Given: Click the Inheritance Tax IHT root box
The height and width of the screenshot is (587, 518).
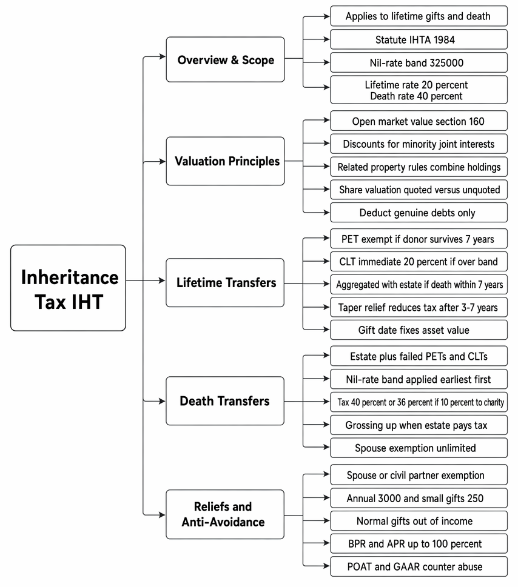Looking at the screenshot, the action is pos(68,288).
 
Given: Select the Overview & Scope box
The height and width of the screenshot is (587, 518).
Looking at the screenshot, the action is pos(225,59).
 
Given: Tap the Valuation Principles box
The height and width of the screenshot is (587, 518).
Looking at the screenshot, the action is pos(225,161).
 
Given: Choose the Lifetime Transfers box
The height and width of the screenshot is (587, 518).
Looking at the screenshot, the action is pos(225,283).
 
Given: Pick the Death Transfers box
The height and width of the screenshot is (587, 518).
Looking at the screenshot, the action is pos(225,401).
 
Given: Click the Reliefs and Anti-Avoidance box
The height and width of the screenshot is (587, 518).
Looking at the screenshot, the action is pos(225,514).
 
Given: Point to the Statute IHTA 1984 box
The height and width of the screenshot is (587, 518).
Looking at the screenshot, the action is pos(419,40).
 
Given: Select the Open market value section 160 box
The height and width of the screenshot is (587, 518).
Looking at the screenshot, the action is pos(419,121).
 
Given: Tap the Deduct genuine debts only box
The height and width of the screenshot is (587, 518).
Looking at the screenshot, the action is pos(419,213).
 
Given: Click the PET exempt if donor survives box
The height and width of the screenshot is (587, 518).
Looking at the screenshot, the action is pos(419,239).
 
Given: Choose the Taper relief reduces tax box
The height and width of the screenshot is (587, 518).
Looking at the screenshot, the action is pos(419,307).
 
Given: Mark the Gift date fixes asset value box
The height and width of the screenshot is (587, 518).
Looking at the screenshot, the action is pos(419,330).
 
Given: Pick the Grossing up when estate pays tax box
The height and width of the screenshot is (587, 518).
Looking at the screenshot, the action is pos(419,425).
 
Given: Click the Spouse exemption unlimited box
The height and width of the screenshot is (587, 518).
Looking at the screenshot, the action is pos(419,448).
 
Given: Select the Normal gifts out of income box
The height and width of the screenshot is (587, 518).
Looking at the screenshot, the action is pos(419,521).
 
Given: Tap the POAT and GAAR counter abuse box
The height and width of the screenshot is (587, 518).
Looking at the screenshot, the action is pos(419,566).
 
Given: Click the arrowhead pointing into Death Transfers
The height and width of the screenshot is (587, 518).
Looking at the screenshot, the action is pos(163,401).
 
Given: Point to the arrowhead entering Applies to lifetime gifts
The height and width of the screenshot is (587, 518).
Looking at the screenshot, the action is pos(326,16).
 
